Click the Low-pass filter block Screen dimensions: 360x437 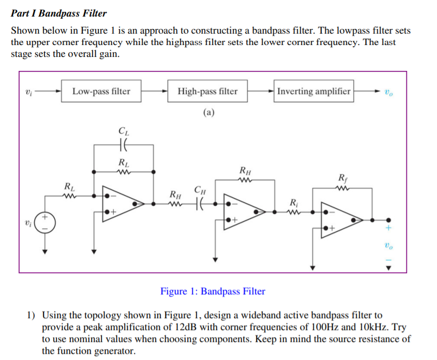(101, 92)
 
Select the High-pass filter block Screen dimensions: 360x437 (207, 92)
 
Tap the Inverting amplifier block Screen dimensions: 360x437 (314, 92)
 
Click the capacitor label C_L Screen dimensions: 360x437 (123, 132)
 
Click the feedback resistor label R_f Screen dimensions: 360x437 (342, 179)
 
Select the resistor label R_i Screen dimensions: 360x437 (293, 202)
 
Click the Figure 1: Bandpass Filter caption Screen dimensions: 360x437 (213, 291)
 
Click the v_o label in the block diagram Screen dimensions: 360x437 (388, 92)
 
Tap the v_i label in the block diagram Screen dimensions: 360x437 (28, 92)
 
